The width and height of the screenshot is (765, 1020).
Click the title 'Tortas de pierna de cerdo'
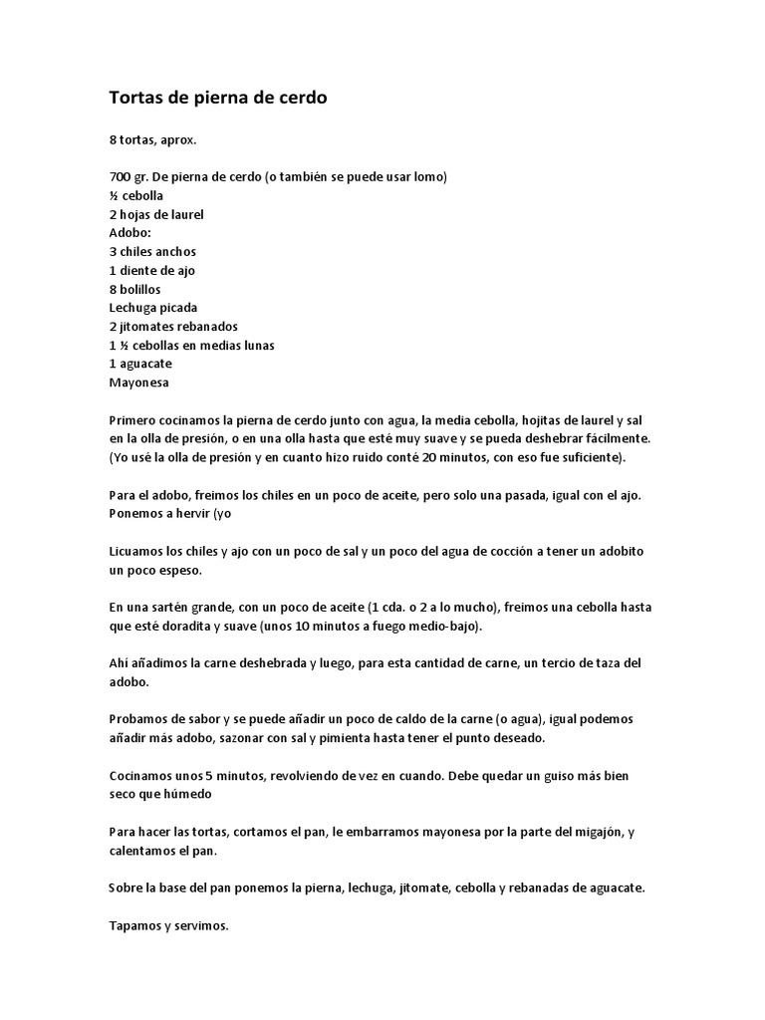point(217,98)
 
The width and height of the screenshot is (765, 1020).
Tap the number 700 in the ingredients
point(121,177)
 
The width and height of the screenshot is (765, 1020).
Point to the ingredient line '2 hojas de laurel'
point(156,214)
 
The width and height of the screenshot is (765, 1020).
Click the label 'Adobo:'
point(129,233)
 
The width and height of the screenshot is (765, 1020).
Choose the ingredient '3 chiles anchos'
point(152,252)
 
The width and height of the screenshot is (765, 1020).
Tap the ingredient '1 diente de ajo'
point(153,270)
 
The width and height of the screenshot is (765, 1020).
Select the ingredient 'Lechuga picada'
point(153,308)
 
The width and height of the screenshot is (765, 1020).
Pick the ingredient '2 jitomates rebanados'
point(173,326)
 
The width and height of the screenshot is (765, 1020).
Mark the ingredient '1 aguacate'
point(140,364)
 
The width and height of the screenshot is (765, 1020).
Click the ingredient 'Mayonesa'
point(138,382)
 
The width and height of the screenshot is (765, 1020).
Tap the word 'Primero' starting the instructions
point(132,419)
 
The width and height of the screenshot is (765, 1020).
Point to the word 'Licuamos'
point(136,551)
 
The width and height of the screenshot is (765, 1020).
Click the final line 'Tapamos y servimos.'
point(168,925)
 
